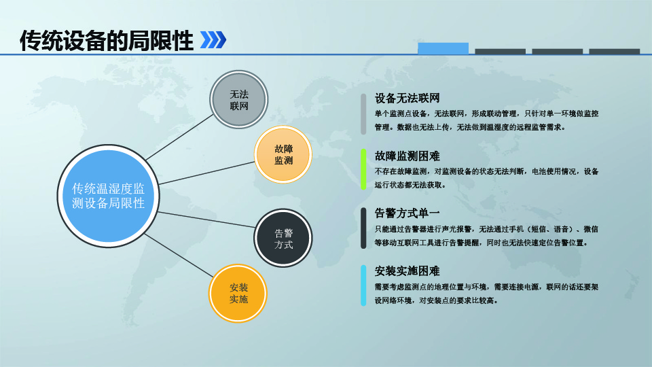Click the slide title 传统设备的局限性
tap(107, 41)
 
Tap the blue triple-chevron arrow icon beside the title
tap(213, 40)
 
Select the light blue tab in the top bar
tap(443, 48)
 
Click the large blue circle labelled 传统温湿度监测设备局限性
tap(108, 196)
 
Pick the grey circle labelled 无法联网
tap(238, 99)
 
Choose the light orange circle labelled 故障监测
tap(283, 154)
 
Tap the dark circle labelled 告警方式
tap(283, 238)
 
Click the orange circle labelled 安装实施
tap(238, 294)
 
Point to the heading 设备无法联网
tap(407, 98)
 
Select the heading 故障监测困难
tap(407, 156)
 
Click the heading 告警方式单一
tap(407, 213)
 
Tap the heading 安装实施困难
tap(407, 271)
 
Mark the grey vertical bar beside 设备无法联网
tap(363, 114)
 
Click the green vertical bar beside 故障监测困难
tap(363, 169)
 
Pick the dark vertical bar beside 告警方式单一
tap(363, 228)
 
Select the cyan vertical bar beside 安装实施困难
tap(363, 285)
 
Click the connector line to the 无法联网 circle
tap(179, 137)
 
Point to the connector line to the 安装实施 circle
tap(179, 256)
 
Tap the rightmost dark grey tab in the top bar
tap(614, 52)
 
